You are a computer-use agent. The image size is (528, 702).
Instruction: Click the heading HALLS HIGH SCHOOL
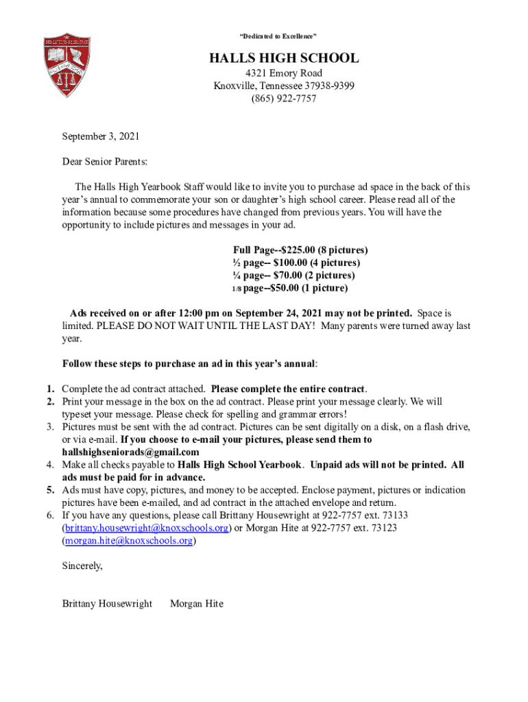pyautogui.click(x=283, y=58)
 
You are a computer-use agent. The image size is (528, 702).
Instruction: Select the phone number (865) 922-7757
pyautogui.click(x=283, y=99)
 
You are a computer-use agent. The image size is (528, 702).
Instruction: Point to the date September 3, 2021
pyautogui.click(x=101, y=136)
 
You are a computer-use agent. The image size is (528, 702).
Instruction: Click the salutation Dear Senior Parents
pyautogui.click(x=104, y=162)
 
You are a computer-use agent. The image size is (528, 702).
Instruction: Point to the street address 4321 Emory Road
pyautogui.click(x=283, y=73)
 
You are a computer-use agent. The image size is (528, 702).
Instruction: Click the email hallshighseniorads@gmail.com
pyautogui.click(x=131, y=452)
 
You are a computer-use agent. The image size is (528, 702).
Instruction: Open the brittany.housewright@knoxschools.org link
pyautogui.click(x=145, y=528)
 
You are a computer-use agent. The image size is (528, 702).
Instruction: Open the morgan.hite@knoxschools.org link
pyautogui.click(x=128, y=541)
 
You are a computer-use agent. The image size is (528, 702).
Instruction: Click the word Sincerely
pyautogui.click(x=82, y=566)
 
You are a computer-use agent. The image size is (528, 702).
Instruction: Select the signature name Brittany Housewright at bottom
pyautogui.click(x=107, y=604)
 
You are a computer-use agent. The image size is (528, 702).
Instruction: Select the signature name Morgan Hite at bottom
pyautogui.click(x=197, y=604)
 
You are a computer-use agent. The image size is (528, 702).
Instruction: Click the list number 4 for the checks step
pyautogui.click(x=51, y=465)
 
